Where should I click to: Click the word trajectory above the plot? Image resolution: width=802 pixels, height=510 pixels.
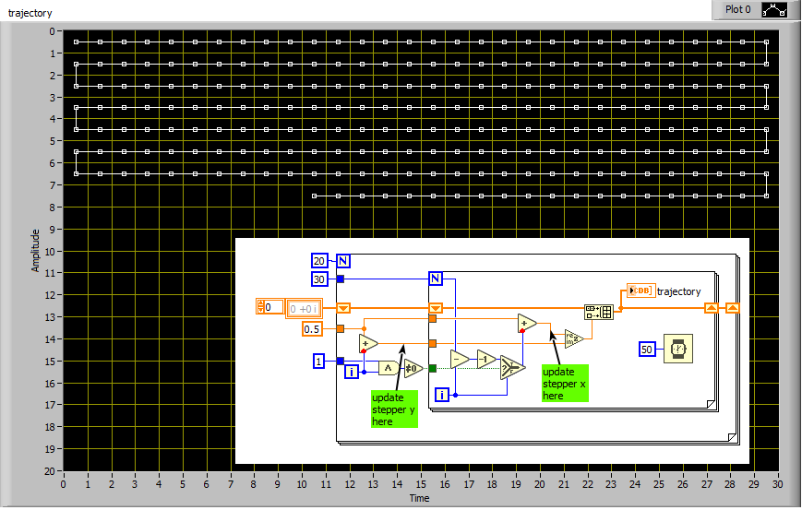tap(30, 13)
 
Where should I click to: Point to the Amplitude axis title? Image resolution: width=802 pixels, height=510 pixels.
tap(35, 251)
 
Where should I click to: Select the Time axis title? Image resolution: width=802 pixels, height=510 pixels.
tap(419, 498)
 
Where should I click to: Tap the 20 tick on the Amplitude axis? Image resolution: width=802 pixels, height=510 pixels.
tap(50, 471)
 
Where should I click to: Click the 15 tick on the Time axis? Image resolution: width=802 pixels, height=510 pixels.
tap(421, 484)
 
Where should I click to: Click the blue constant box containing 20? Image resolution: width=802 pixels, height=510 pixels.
tap(319, 261)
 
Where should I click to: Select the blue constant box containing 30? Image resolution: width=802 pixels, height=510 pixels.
tap(319, 279)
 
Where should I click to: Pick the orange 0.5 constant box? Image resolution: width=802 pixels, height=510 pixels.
tap(312, 329)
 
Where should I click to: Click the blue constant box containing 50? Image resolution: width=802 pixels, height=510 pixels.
tap(647, 350)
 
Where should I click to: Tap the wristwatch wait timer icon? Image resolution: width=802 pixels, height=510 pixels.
tap(678, 349)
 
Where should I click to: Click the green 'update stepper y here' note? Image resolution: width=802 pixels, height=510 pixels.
tap(394, 409)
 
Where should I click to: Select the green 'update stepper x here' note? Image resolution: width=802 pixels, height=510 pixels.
tap(565, 384)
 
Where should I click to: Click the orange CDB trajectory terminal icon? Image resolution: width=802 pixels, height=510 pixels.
tap(640, 291)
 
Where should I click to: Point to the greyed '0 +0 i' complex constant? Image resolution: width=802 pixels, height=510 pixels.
tap(304, 309)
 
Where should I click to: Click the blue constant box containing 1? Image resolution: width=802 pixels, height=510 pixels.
tap(318, 362)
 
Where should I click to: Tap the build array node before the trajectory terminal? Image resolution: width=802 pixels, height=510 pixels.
tap(599, 312)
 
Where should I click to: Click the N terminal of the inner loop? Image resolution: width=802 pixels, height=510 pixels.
tap(436, 279)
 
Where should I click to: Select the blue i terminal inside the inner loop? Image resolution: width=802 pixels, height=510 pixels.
tap(442, 395)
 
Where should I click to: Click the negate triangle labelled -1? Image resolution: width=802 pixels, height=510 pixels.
tap(485, 360)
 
